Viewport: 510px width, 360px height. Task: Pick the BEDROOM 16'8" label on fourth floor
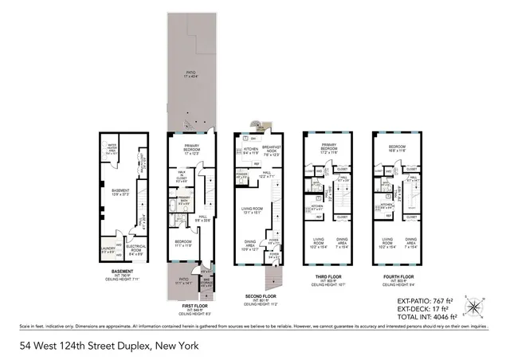pyautogui.click(x=396, y=147)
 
